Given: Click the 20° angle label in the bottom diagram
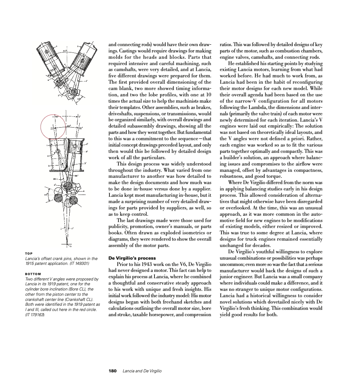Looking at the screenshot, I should tap(69, 126).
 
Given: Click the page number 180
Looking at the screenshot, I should tap(112, 371).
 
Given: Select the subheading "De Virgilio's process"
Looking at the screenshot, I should tap(132, 258).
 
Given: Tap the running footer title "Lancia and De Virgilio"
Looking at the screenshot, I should tap(142, 371).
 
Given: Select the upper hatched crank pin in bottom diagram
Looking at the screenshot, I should tap(68, 186).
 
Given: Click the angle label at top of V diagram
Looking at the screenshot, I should tap(64, 51).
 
